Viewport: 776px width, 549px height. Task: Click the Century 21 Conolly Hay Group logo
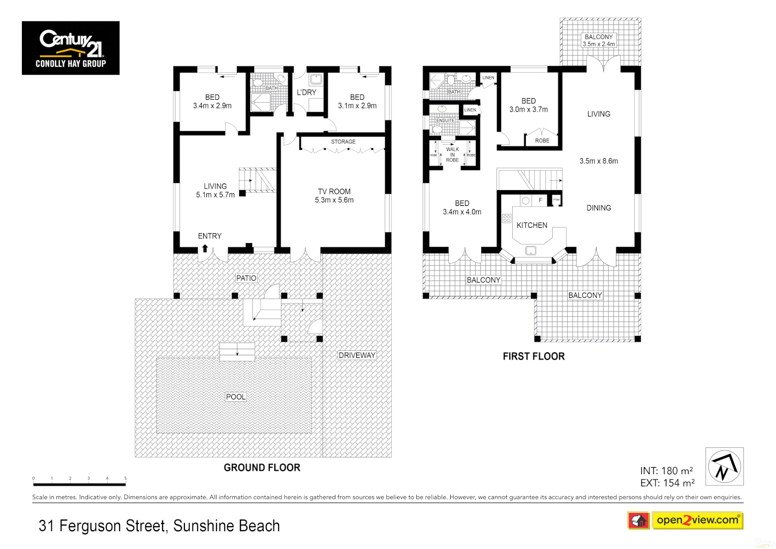[71, 48]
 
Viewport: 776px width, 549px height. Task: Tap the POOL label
[236, 397]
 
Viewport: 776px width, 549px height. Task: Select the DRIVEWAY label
[357, 355]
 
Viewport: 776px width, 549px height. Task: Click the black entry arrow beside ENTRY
[205, 248]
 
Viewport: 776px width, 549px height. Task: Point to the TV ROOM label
[334, 192]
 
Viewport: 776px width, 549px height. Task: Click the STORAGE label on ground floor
[343, 142]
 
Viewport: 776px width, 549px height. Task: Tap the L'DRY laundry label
[306, 93]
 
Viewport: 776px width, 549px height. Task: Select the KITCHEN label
[532, 225]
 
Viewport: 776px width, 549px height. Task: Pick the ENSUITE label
[445, 120]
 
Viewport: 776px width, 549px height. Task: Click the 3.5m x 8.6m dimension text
[599, 161]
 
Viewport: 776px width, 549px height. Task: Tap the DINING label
[599, 208]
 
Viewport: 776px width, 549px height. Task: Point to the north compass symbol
[724, 467]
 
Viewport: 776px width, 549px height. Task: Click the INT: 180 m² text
[666, 471]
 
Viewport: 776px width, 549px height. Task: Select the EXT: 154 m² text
[667, 483]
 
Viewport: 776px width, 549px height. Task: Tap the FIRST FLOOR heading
[534, 356]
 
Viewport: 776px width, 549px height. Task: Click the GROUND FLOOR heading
[262, 468]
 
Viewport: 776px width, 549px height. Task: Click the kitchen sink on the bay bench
[531, 251]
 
